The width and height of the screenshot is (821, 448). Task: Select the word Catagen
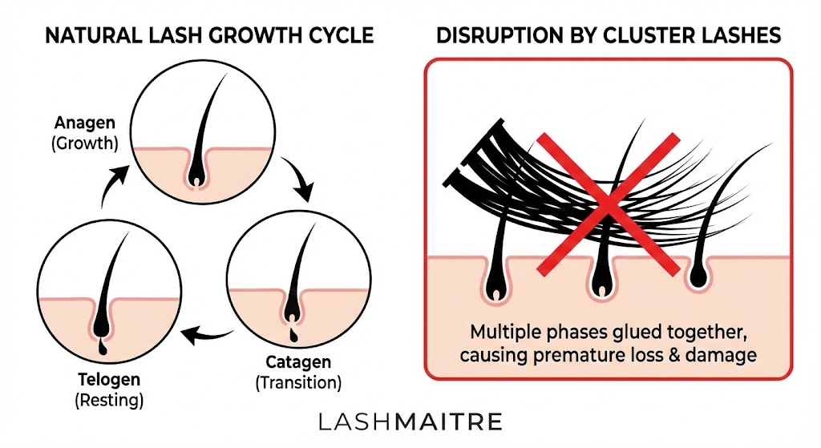tap(298, 364)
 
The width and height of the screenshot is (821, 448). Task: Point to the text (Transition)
tap(298, 383)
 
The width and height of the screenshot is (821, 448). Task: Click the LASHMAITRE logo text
tap(410, 422)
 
